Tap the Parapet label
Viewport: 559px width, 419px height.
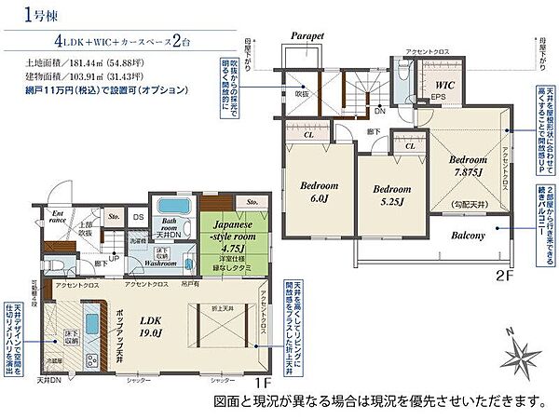[307, 36]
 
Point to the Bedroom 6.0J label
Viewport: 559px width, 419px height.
[318, 192]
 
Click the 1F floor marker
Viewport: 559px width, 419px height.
[262, 383]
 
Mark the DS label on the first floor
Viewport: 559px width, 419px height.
[137, 217]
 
